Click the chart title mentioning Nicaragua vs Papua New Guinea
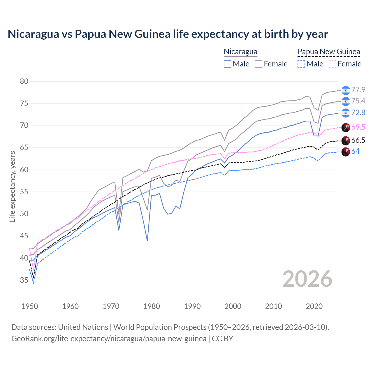point(168,34)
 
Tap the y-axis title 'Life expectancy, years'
point(12,186)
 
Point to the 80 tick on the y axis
point(24,82)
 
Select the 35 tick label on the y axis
point(24,280)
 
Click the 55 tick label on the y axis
point(24,192)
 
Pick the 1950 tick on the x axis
point(30,306)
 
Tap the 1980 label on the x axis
point(152,306)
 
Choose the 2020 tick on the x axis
point(314,306)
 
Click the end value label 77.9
point(358,90)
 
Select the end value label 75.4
point(358,101)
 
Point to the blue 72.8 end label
point(358,112)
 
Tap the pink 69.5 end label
point(358,127)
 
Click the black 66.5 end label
point(358,140)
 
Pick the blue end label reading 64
point(355,151)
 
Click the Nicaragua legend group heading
point(240,52)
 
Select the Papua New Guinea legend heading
point(329,52)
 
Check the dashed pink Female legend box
point(332,64)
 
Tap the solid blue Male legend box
point(228,64)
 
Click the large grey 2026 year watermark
point(307,279)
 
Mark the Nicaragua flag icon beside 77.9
point(345,90)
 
